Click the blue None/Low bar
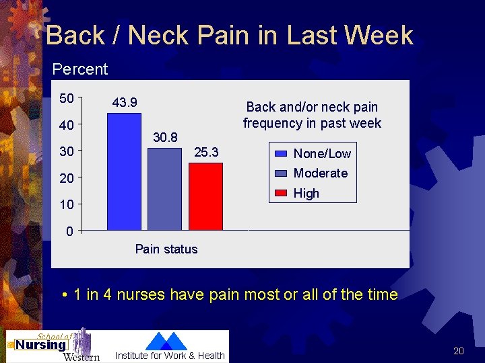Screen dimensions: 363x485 pos(124,171)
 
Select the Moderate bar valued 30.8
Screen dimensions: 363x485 pos(164,189)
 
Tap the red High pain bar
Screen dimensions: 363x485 pos(205,196)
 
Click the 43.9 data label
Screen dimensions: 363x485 pos(125,102)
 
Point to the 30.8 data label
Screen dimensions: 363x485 pos(165,137)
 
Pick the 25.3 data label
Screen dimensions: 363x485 pos(206,153)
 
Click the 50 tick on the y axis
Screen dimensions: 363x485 pos(67,99)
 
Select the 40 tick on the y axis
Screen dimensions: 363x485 pos(67,126)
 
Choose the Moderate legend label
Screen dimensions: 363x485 pos(321,173)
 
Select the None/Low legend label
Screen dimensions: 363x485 pos(322,154)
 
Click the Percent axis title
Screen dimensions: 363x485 pos(79,69)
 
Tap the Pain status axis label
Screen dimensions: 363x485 pos(166,249)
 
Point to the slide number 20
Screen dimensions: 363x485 pos(459,351)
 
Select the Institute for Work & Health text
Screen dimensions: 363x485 pos(170,356)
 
